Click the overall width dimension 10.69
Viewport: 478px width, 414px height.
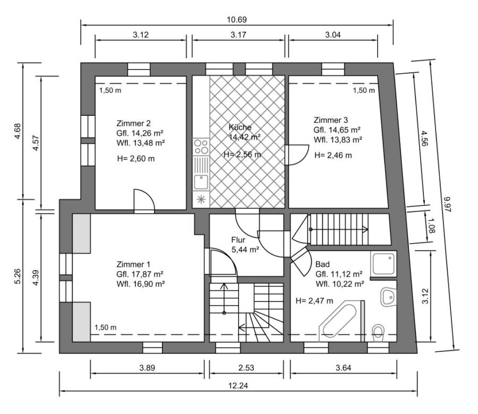(236, 20)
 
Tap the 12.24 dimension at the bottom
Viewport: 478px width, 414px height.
(238, 386)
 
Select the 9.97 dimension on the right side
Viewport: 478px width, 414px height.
(447, 204)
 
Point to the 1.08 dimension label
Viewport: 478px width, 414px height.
(432, 226)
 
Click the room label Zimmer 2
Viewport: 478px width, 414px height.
(133, 123)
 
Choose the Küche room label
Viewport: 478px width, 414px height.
(240, 127)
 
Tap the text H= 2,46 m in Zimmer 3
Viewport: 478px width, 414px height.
(333, 156)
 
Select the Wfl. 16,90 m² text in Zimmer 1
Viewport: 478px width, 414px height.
(141, 284)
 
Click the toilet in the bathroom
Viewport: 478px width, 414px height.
(378, 333)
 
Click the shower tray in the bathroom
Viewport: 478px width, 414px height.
(384, 264)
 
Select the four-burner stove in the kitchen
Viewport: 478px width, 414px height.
(201, 146)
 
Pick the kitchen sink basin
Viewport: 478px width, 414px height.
(201, 182)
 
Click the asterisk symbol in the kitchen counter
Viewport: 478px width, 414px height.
(201, 200)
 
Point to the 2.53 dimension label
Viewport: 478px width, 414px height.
(246, 368)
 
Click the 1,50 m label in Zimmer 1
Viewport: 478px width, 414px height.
(106, 327)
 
